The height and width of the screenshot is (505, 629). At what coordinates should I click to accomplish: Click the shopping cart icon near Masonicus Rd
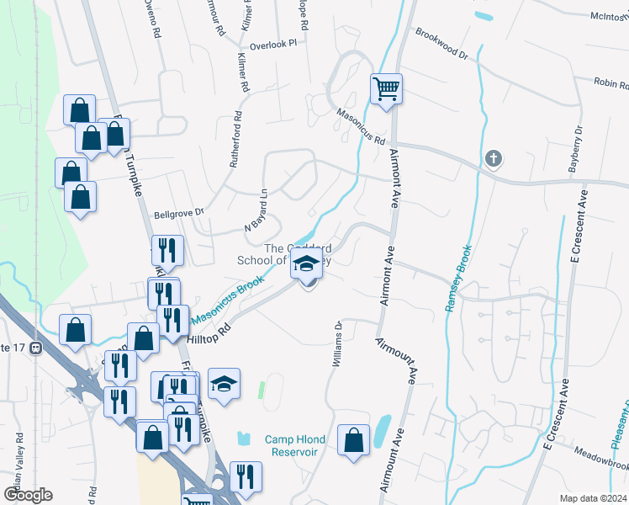[386, 88]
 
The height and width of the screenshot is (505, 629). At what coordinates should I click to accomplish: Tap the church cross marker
[494, 157]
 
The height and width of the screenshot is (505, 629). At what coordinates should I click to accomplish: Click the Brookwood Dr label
[441, 43]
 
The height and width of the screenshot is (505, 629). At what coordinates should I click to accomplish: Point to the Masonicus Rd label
[361, 126]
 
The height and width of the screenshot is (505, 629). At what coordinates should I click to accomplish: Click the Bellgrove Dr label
[179, 214]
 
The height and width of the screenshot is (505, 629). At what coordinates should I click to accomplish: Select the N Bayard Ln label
[256, 211]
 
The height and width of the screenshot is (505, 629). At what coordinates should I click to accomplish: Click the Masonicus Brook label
[228, 300]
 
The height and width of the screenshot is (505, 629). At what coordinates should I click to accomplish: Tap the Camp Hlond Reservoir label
[293, 445]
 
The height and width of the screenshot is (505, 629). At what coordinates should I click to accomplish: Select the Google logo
[29, 495]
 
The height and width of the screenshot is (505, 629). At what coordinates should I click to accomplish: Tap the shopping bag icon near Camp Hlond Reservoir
[354, 439]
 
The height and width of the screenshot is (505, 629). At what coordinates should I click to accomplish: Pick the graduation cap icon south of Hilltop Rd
[224, 384]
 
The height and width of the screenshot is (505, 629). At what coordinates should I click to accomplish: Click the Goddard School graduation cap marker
[307, 265]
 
